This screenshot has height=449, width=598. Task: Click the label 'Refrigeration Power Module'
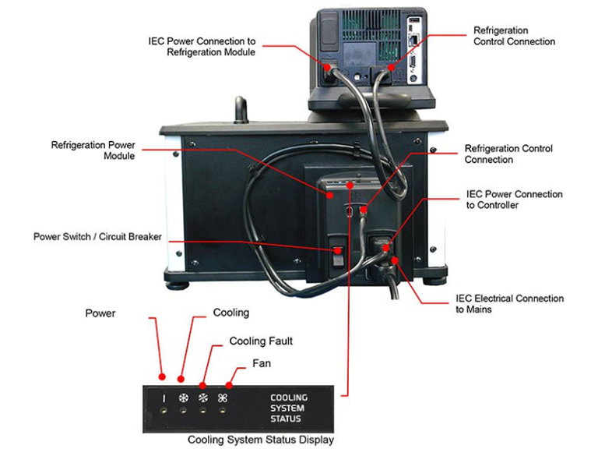[93, 150]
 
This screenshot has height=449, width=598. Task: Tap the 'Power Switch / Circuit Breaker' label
[97, 236]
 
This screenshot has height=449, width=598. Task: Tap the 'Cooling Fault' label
[261, 341]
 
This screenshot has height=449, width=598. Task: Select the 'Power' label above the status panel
[100, 313]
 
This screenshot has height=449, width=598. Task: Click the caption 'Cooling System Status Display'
[260, 440]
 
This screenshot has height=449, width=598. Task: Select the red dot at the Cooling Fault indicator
[204, 384]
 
